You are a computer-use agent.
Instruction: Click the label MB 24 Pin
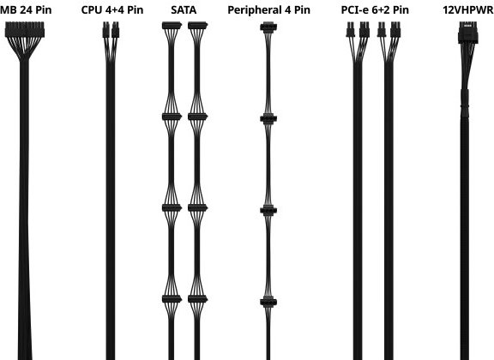click(x=26, y=9)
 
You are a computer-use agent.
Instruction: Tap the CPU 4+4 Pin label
click(x=112, y=9)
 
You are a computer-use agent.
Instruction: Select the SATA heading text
click(x=184, y=9)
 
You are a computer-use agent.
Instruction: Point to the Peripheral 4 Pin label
click(x=268, y=9)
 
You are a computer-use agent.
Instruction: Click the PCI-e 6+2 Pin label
click(x=375, y=9)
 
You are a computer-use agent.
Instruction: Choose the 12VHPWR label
click(x=468, y=9)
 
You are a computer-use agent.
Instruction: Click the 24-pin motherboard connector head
click(x=25, y=29)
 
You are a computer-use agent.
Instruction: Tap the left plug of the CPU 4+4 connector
click(x=105, y=30)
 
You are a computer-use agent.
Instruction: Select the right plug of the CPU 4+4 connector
click(x=115, y=30)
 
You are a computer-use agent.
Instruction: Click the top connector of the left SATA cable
click(x=172, y=26)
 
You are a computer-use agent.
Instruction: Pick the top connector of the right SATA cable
click(x=197, y=26)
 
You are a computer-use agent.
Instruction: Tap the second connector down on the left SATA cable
click(x=172, y=117)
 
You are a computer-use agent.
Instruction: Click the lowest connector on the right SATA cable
click(x=197, y=299)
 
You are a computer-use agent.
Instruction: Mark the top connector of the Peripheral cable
click(x=268, y=27)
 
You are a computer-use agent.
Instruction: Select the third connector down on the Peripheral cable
click(x=268, y=210)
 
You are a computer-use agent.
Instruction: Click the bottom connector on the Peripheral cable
click(x=268, y=302)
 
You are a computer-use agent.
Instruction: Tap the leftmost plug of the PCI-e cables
click(x=350, y=30)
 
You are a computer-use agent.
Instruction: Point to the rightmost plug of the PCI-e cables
click(x=395, y=30)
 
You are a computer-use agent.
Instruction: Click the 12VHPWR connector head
click(x=468, y=33)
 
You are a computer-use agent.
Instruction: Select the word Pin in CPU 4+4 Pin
click(x=136, y=9)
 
